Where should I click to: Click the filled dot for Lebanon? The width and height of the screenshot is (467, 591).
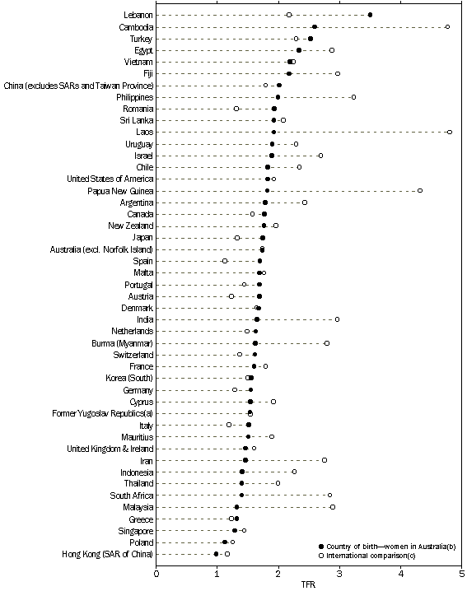(x=370, y=15)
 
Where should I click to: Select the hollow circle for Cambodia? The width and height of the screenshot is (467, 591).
(x=447, y=26)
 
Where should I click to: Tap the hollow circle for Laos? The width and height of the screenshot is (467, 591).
(x=449, y=132)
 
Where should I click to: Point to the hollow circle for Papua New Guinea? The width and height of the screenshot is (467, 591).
(x=420, y=190)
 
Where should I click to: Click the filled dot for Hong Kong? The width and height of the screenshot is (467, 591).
(x=216, y=554)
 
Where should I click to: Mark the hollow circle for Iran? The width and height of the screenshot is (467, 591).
(x=324, y=460)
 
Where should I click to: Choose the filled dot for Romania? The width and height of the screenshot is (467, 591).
(x=274, y=109)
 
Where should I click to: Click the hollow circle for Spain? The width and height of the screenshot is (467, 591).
(x=225, y=261)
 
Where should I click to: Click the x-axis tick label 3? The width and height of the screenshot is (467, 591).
(x=339, y=573)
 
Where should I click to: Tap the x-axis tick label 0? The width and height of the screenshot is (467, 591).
(x=156, y=573)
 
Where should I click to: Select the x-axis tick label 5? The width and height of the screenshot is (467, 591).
(x=461, y=573)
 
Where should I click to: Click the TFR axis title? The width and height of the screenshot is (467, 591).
(x=308, y=585)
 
